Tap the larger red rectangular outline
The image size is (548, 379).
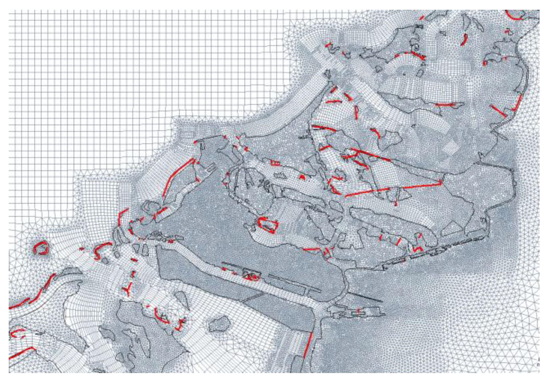click(x=268, y=225)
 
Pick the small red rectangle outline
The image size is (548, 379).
click(x=275, y=163)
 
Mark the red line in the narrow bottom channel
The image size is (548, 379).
click(x=308, y=344)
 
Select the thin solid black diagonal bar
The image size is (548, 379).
click(x=365, y=297)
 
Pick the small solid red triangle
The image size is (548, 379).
click(x=302, y=177)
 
